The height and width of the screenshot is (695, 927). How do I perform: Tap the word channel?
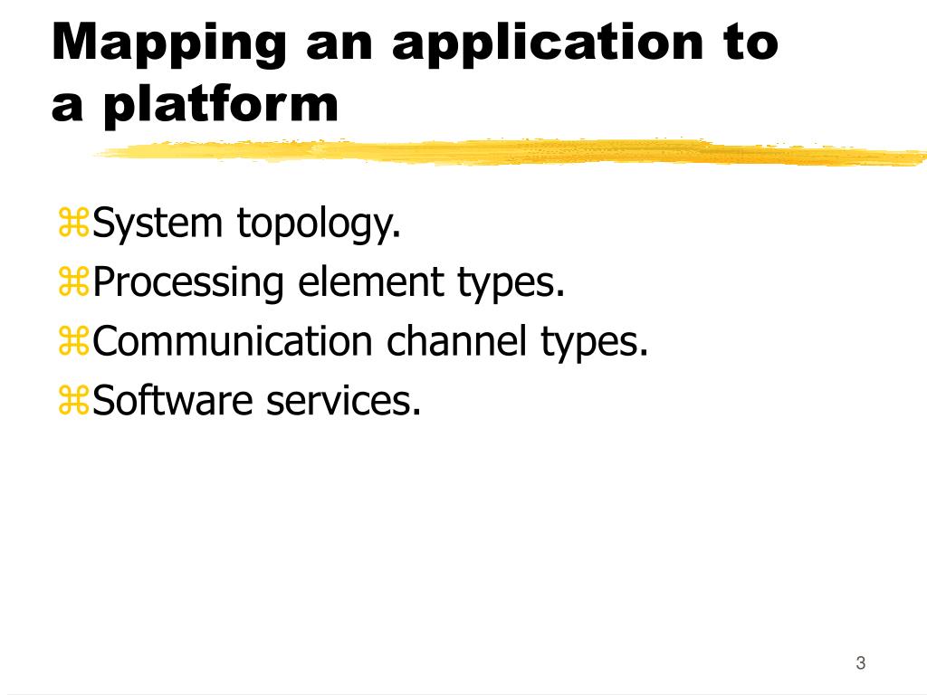457,341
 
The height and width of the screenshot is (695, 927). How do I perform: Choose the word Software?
173,400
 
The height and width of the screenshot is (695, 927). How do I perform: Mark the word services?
344,400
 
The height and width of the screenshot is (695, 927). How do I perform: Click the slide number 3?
860,663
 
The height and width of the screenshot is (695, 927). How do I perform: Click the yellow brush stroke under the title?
507,153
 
